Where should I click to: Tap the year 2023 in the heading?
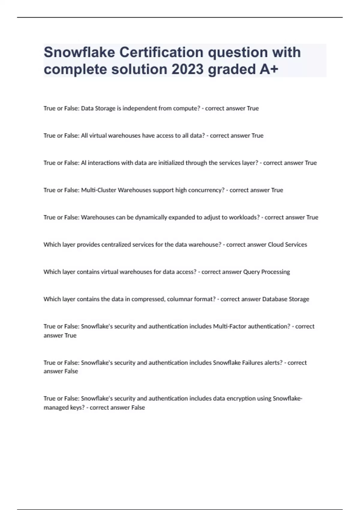[187, 69]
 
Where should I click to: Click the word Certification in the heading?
[161, 52]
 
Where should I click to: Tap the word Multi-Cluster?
[99, 190]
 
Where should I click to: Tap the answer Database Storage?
[286, 299]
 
